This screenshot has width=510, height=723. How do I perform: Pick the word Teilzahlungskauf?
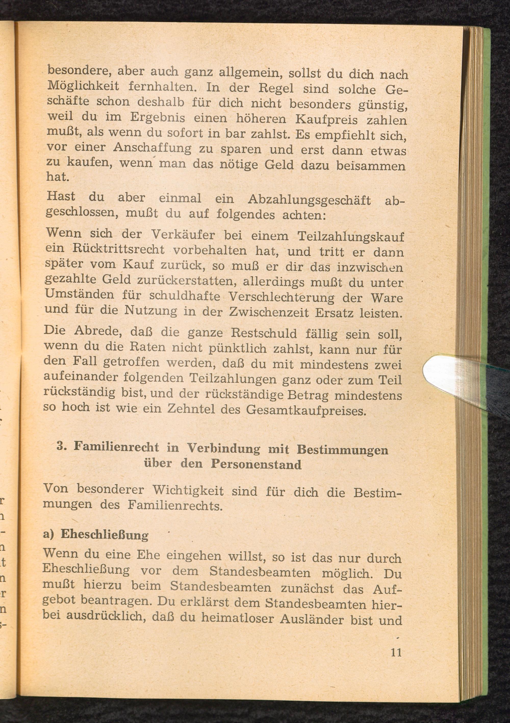(351, 236)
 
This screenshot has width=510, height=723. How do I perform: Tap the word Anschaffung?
(152, 148)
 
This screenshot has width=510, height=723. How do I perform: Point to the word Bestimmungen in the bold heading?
(342, 450)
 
